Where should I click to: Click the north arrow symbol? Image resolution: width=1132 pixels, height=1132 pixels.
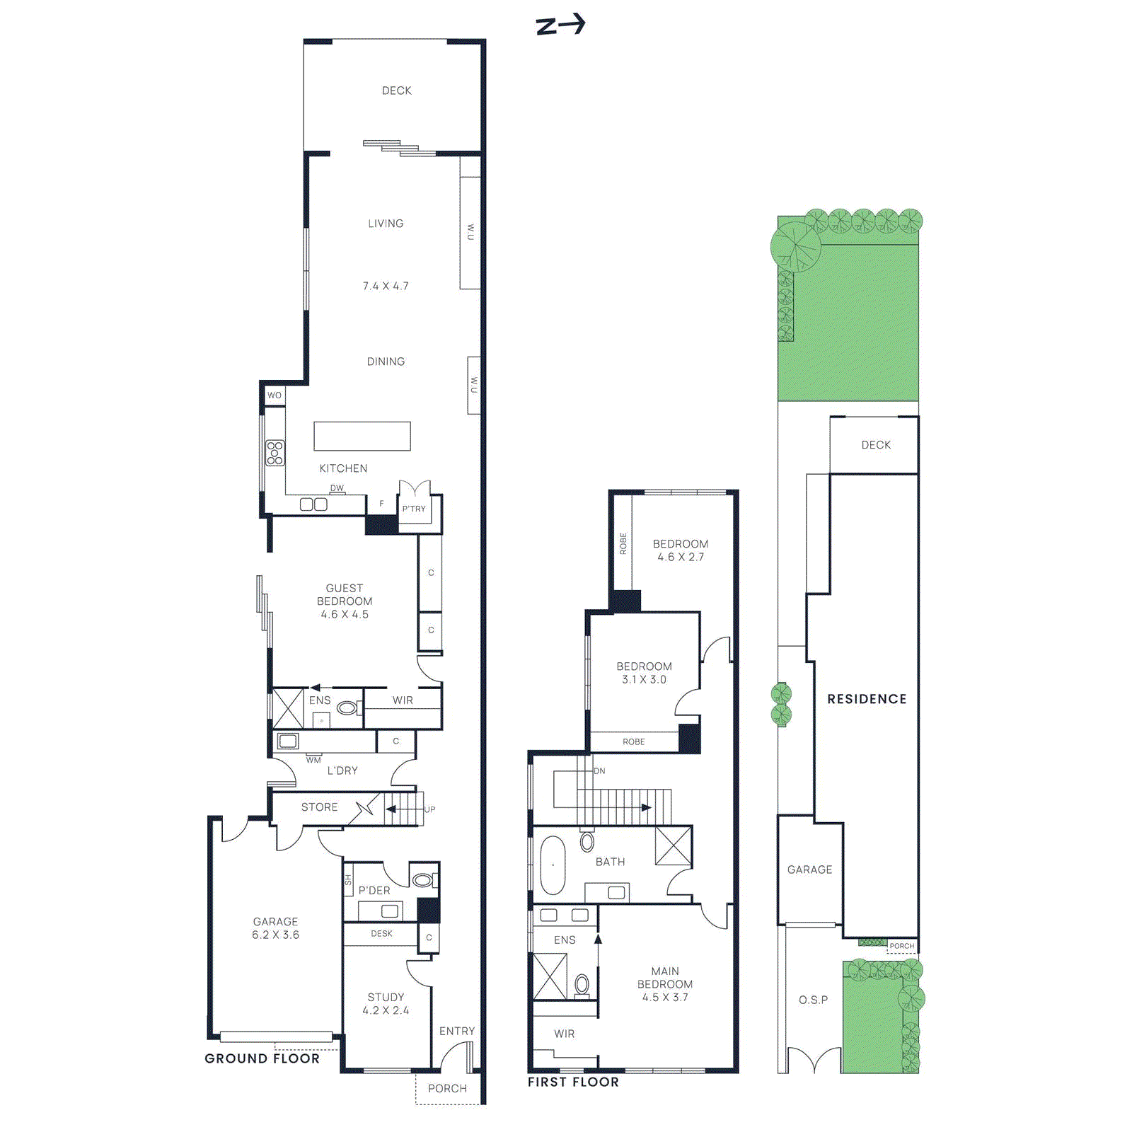pos(560,25)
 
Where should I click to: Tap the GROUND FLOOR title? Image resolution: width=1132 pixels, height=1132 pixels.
pos(262,1058)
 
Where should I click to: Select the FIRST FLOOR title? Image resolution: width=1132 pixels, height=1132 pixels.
pos(573,1082)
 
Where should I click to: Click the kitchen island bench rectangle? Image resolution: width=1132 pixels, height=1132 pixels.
pos(362,436)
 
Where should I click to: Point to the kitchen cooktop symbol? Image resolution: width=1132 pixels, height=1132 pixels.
pos(275,453)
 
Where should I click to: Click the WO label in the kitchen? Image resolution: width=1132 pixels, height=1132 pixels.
pos(275,395)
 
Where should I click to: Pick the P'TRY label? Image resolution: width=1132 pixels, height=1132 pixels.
pos(414,509)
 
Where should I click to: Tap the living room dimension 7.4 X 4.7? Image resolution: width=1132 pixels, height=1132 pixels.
pos(386,286)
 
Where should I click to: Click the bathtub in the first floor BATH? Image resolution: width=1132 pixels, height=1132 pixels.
pos(553,865)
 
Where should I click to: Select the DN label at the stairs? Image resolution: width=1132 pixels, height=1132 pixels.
pos(599,771)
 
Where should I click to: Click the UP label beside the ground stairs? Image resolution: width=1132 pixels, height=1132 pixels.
pos(429,809)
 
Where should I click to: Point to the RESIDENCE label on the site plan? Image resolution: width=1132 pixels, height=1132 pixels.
pos(867,699)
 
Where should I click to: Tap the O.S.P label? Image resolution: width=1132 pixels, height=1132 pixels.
pos(813,1000)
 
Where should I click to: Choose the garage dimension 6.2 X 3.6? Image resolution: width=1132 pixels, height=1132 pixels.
pos(275,935)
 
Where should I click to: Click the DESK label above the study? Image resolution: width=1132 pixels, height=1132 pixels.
pos(381,934)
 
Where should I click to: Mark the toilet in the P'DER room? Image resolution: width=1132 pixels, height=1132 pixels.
pos(423,880)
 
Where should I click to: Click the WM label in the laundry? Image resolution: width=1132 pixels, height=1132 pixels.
pos(313,761)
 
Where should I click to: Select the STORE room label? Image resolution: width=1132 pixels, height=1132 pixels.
pos(319,807)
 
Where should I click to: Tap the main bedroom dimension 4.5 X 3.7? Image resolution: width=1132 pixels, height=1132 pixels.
pos(665,998)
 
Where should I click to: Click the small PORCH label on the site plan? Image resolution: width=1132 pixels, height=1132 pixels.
pos(901,946)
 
